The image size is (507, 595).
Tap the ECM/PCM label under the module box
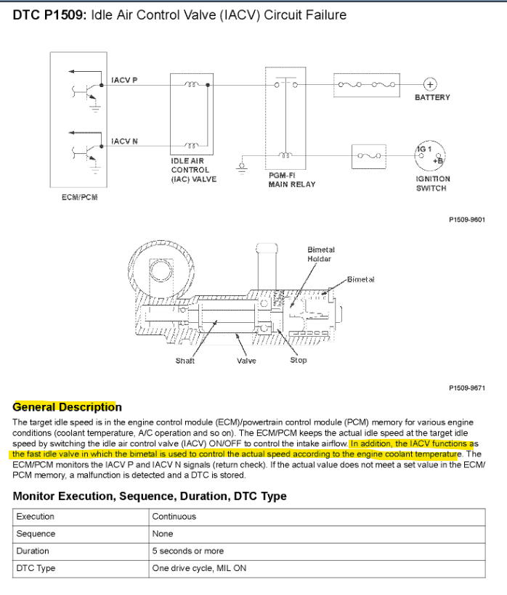(80, 197)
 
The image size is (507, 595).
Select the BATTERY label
(432, 98)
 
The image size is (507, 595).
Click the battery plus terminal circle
(429, 84)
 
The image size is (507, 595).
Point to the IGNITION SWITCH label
(432, 184)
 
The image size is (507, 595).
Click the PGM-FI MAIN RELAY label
(292, 180)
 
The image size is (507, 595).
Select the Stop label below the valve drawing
(298, 360)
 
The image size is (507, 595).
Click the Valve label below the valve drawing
(246, 360)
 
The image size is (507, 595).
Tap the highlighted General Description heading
(67, 407)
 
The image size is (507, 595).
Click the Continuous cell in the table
(174, 517)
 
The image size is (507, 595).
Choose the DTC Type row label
(36, 568)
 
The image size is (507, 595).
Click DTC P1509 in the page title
(49, 15)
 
